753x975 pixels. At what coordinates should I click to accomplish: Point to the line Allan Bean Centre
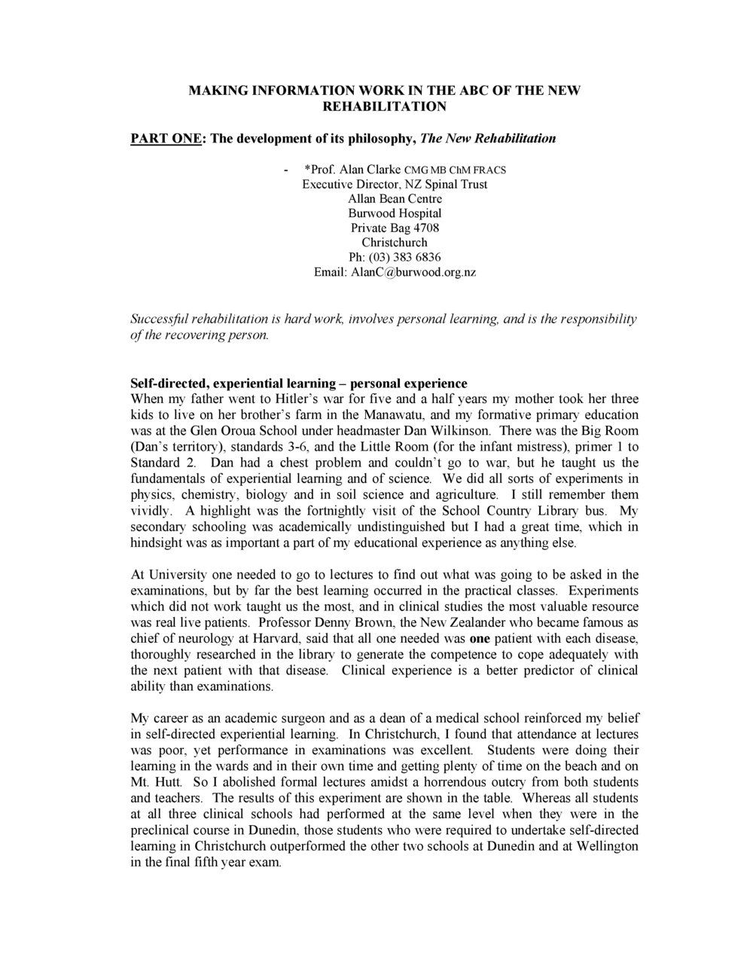(395, 199)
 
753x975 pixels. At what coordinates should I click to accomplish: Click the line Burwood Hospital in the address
(395, 213)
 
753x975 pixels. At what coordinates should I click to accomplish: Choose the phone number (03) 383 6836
(409, 257)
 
